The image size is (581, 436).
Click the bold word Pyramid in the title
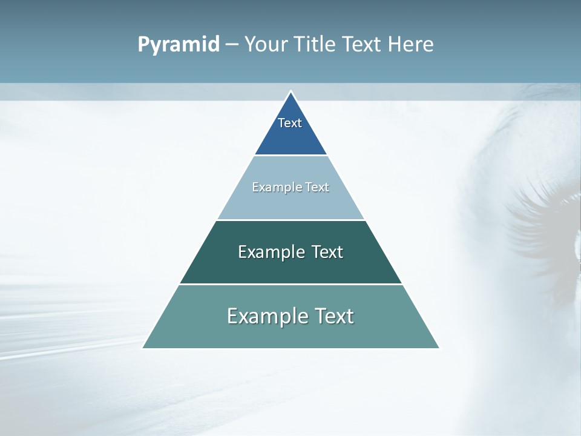tap(179, 44)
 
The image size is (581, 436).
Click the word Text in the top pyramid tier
tap(290, 123)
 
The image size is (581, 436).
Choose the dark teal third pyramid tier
tap(290, 269)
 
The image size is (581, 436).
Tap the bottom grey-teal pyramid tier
tap(290, 335)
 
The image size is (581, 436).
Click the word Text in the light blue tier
tap(317, 187)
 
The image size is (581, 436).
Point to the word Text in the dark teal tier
tap(327, 252)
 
